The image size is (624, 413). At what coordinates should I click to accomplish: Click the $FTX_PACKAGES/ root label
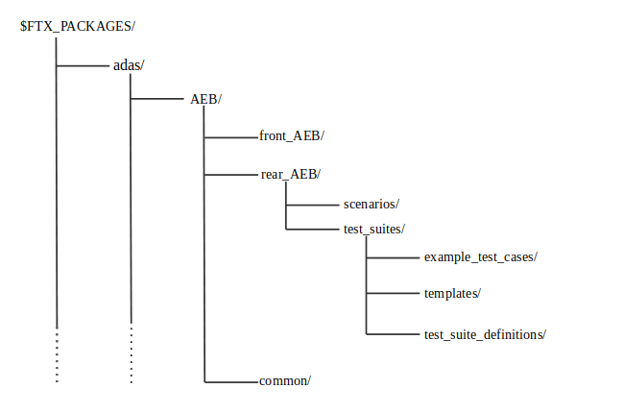coord(78,26)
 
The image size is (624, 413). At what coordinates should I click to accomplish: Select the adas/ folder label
coord(129,64)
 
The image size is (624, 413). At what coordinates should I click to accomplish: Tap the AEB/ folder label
coord(206,100)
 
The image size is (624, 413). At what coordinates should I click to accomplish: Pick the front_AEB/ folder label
coord(292,136)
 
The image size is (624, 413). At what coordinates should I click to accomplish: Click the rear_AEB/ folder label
coord(290,174)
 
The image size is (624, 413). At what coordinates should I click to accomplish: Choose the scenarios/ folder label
coord(371,204)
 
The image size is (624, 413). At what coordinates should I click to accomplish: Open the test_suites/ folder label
coord(373,229)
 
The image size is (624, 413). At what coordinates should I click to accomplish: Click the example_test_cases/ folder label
coord(480,257)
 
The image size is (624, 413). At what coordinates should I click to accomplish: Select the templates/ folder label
coord(452,293)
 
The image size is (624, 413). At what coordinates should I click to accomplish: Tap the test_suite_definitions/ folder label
coord(485,334)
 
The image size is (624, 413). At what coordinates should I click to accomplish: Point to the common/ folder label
coord(285,380)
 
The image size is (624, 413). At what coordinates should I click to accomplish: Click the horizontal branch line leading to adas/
coord(83,65)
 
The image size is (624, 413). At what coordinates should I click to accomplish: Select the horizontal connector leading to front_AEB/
coord(230,137)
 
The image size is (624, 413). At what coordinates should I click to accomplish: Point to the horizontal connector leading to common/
coord(230,381)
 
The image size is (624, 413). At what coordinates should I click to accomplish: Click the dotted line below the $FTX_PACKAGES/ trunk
coord(57,355)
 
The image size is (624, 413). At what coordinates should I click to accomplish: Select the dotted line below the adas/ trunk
coord(132,355)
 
